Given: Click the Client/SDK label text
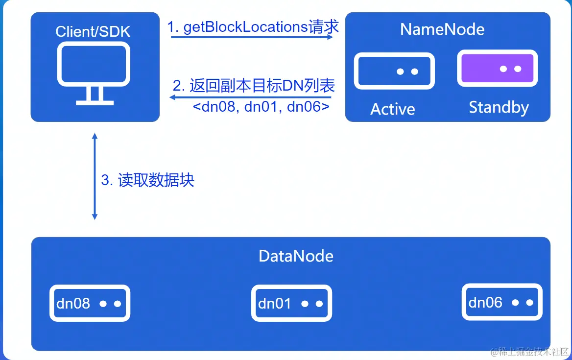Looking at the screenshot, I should tap(93, 32).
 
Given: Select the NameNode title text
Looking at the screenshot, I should tap(442, 29).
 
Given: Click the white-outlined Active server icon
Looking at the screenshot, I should tap(394, 71).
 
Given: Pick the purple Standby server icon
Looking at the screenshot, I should tap(497, 69).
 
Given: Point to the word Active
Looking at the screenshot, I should tap(392, 109).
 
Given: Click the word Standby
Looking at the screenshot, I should tap(499, 107).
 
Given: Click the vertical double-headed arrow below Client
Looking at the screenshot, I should tap(95, 176).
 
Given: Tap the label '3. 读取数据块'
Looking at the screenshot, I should tap(148, 180).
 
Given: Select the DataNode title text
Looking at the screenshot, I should tap(296, 256).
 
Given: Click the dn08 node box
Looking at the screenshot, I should tap(90, 303).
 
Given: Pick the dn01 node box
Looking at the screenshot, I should tap(291, 304).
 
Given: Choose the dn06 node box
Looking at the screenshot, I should tap(502, 302).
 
